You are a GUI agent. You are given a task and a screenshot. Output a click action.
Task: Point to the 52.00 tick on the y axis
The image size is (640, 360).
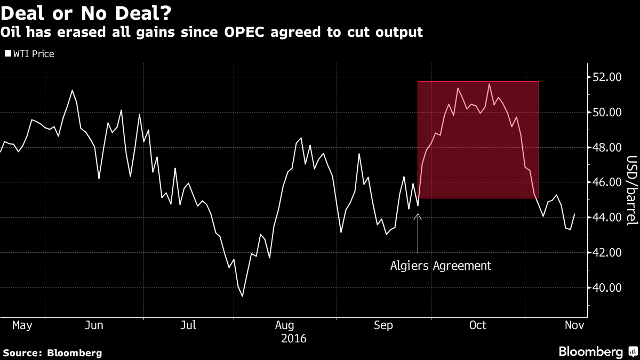click(x=607, y=77)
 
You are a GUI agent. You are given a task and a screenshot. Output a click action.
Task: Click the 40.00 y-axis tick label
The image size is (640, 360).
click(x=607, y=288)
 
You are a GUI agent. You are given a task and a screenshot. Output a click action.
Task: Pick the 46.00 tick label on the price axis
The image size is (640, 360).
click(x=607, y=182)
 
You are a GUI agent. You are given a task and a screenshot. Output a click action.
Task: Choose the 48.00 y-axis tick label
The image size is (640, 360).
click(x=607, y=148)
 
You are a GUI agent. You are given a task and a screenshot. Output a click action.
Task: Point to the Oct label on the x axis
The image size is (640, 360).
click(x=478, y=325)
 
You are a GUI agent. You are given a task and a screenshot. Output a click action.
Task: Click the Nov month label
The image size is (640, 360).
click(x=573, y=325)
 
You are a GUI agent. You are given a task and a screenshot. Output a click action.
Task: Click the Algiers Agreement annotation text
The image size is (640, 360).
click(x=441, y=266)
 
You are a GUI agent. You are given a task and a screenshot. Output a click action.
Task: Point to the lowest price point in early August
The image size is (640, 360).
click(x=243, y=296)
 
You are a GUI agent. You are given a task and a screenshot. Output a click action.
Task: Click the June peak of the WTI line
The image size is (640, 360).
click(x=72, y=91)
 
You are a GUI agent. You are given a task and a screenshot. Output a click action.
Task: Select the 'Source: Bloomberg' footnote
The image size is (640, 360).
click(x=52, y=353)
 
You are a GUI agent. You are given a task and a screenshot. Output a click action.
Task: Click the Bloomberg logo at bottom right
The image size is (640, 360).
click(x=597, y=351)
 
